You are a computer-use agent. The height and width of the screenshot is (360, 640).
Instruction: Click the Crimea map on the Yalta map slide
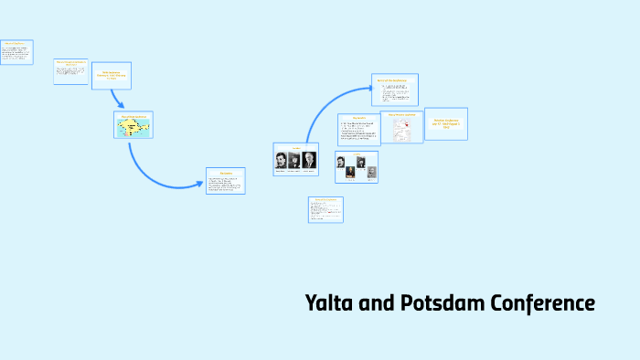click(x=133, y=126)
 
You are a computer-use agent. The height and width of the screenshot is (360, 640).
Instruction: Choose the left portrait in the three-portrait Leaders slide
click(x=282, y=159)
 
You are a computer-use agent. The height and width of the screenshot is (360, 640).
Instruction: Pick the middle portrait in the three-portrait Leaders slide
click(x=294, y=159)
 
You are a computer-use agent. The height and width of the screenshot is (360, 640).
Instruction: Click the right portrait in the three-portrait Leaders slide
click(x=309, y=159)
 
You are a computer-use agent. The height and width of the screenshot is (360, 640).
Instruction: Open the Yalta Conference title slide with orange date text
click(x=112, y=75)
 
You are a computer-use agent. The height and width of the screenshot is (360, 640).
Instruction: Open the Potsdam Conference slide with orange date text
click(x=445, y=123)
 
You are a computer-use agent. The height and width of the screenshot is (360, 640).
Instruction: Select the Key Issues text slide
click(x=358, y=130)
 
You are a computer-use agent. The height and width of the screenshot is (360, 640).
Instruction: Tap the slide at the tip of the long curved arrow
click(x=394, y=90)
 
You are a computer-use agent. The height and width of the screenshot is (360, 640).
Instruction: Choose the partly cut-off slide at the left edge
click(x=16, y=51)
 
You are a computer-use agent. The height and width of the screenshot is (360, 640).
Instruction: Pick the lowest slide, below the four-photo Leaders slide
click(x=325, y=209)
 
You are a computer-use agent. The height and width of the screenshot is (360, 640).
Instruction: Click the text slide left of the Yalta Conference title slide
click(x=70, y=71)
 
